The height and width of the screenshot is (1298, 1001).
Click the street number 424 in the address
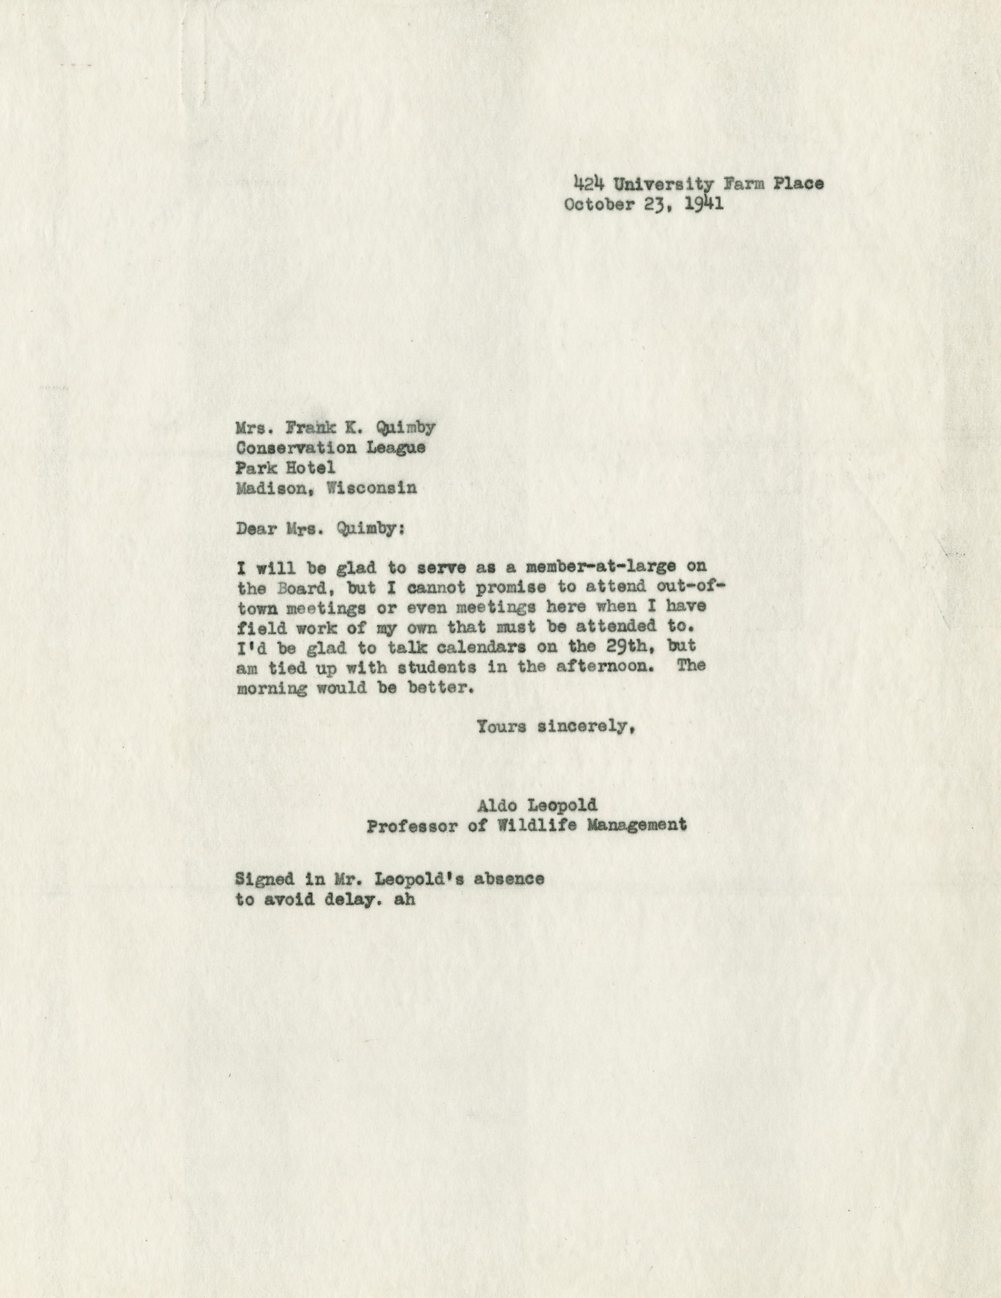click(589, 184)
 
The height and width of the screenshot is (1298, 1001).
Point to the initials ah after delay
click(404, 899)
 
